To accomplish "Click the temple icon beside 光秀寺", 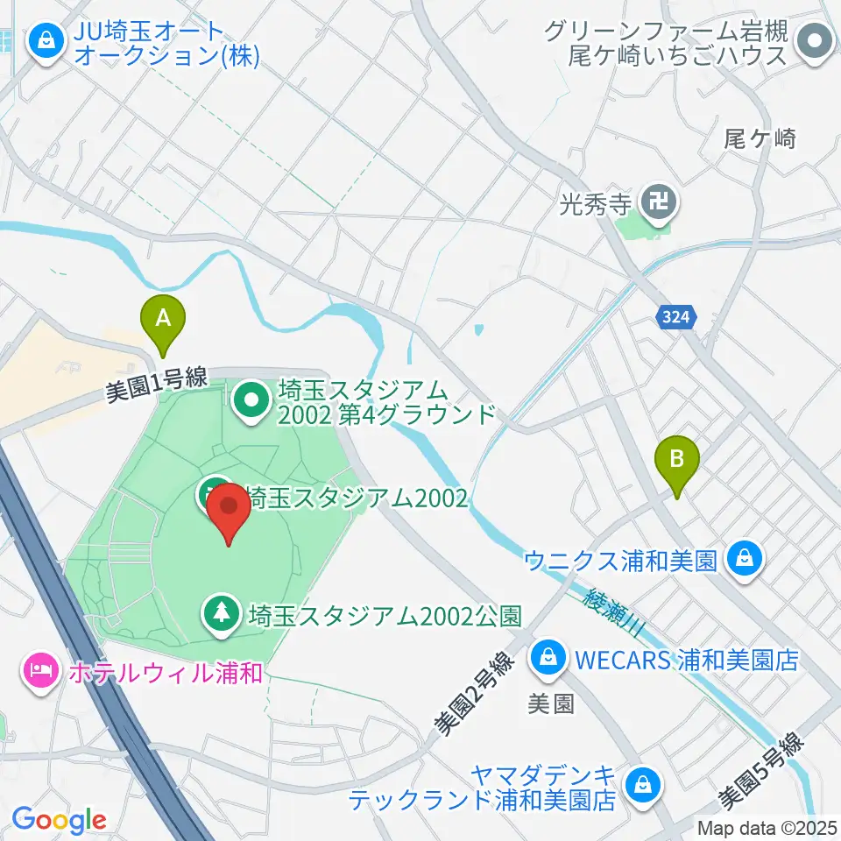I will coord(657,205).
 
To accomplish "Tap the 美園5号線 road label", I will coord(760,771).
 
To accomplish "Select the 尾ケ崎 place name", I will coord(760,138).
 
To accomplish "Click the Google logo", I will coord(59,819).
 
